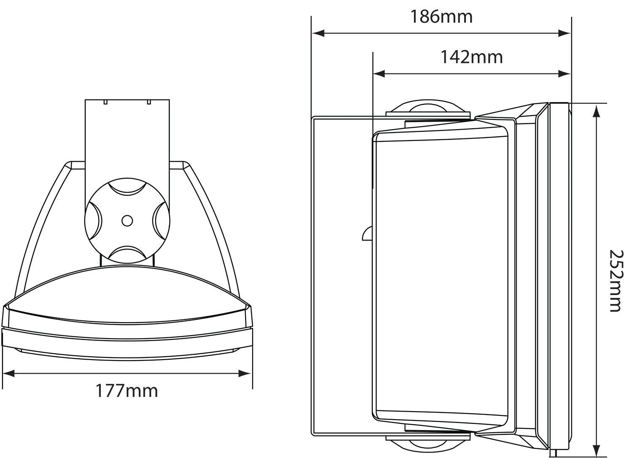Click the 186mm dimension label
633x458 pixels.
tap(441, 17)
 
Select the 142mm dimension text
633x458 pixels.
tap(472, 57)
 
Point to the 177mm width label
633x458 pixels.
tap(127, 391)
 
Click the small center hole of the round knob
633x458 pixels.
tap(127, 220)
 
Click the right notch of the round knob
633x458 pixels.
tap(161, 220)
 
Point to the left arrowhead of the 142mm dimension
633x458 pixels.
tap(379, 74)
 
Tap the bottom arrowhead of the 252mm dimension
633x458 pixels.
tap(596, 447)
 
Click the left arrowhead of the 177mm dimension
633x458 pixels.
tap(8, 373)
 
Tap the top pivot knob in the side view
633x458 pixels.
tap(427, 108)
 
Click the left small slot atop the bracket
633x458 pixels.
tap(105, 102)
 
